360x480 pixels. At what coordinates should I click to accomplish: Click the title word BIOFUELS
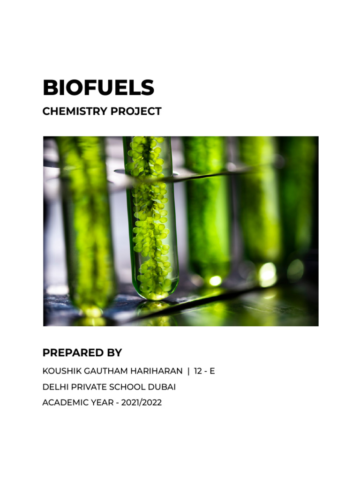coord(98,88)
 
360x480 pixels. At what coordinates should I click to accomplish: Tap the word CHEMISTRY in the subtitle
coord(73,112)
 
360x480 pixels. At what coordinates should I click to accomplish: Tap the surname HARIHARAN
coord(152,371)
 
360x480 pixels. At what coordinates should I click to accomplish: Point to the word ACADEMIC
coord(63,403)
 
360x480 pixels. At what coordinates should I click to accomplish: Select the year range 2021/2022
coord(142,403)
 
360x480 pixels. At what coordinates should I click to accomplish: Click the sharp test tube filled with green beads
coord(150,211)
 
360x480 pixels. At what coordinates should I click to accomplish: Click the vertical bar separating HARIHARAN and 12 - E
coord(188,371)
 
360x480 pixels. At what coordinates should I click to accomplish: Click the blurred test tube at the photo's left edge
coord(87,225)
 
